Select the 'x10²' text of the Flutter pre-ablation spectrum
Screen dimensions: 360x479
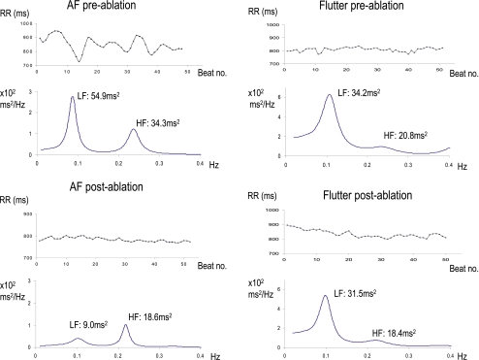point(268,88)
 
